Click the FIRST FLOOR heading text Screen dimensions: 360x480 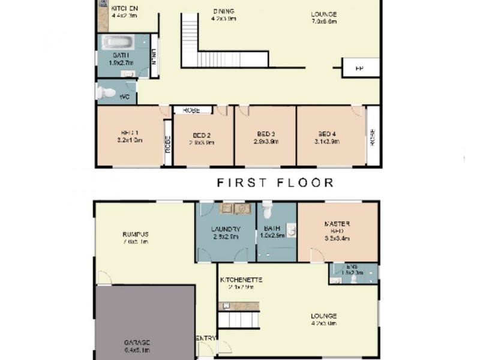point(275,182)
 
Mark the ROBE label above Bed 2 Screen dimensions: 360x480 point(192,110)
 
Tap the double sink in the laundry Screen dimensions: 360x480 point(235,209)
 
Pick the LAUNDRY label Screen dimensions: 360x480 point(226,229)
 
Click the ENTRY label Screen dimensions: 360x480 point(206,338)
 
